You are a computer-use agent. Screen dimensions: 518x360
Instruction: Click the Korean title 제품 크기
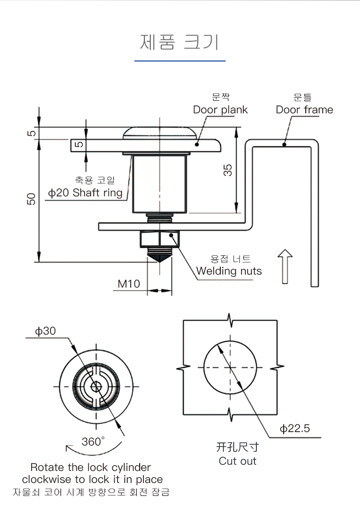click(180, 42)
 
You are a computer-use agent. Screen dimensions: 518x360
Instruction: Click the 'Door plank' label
click(220, 109)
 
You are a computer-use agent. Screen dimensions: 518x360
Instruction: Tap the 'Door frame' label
click(304, 109)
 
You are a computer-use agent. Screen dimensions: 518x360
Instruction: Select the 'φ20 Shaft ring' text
click(85, 193)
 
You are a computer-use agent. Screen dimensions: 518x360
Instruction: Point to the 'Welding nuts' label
click(229, 271)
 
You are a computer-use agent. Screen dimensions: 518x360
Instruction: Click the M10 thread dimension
click(129, 284)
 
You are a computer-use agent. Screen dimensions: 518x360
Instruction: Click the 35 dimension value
click(228, 170)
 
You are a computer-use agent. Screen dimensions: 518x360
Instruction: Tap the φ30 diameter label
click(45, 331)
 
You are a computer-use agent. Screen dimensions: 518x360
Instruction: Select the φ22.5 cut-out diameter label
click(295, 428)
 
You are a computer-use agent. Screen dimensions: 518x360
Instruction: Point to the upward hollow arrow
click(285, 266)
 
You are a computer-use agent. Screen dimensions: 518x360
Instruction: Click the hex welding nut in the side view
click(159, 239)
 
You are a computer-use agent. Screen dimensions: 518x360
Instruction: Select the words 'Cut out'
click(238, 461)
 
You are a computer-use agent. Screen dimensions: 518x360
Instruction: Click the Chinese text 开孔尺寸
click(238, 447)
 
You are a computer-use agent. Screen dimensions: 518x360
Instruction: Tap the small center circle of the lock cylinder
click(96, 386)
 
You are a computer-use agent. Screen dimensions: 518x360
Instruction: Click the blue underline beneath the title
click(180, 61)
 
